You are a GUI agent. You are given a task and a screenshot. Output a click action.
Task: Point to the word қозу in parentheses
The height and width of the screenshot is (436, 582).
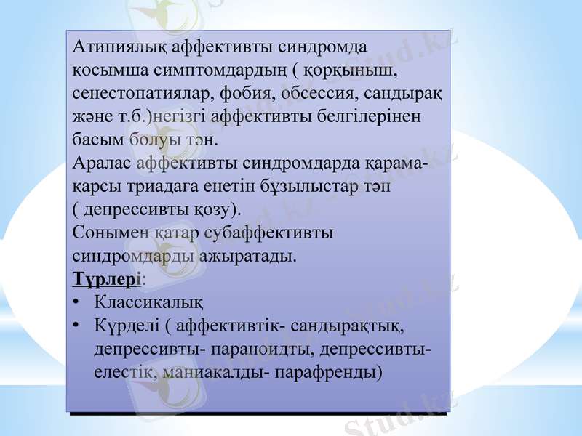[212, 209]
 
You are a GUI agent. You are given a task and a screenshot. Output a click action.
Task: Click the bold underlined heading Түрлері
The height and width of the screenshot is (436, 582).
[107, 278]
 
